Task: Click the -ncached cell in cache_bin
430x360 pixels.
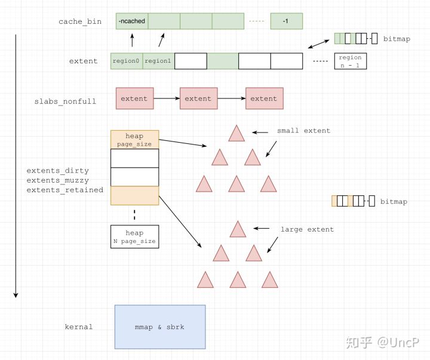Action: point(131,21)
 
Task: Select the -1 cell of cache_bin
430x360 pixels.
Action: point(286,21)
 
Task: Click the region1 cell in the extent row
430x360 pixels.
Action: point(158,61)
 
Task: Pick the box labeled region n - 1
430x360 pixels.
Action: point(350,61)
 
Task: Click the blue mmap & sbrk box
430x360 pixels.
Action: point(159,327)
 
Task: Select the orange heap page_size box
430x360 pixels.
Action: point(134,140)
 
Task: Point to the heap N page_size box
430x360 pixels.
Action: point(134,237)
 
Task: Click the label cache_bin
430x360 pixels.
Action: point(80,21)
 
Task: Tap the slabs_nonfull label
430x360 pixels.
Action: point(65,101)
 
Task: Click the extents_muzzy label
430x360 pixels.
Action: point(58,180)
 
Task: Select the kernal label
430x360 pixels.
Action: point(79,327)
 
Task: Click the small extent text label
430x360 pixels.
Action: point(303,131)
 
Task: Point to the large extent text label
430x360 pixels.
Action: point(307,229)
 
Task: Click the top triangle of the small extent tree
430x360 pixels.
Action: point(236,134)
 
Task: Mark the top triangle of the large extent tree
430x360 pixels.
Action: point(238,230)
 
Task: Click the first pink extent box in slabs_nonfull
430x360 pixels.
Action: point(134,99)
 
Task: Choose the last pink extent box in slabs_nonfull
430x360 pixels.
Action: point(264,99)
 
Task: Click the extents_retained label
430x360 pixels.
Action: point(65,190)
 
